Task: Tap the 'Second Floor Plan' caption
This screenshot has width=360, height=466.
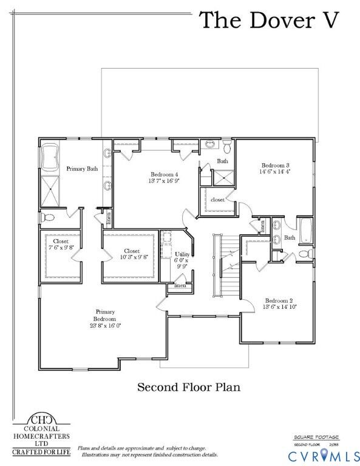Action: [188, 387]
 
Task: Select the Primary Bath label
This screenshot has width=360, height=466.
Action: [82, 169]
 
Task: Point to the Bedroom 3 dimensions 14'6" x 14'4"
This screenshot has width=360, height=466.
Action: [276, 172]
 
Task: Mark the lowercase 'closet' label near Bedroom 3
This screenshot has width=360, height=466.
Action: [217, 199]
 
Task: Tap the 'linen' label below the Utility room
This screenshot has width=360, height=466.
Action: [180, 285]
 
